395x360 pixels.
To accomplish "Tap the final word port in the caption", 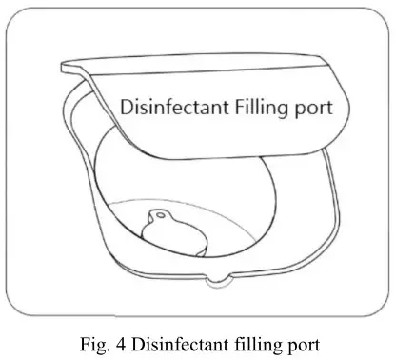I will pos(299,339).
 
